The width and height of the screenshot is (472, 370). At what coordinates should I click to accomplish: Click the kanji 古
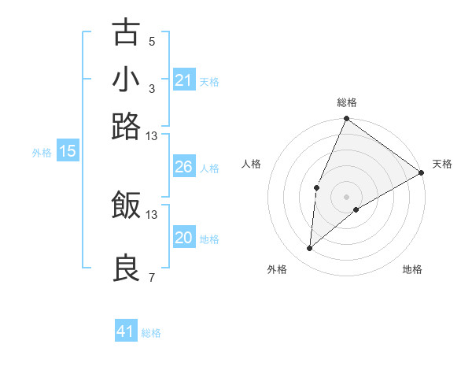126,33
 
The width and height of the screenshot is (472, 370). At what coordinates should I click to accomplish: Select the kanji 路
126,126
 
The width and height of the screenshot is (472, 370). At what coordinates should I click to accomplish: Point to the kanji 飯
126,205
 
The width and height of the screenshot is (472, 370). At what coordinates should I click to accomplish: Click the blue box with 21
183,80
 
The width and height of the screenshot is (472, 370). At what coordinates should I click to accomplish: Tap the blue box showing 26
183,167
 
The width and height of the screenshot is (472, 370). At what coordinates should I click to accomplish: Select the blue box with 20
183,238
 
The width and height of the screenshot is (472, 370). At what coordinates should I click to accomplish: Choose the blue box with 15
68,151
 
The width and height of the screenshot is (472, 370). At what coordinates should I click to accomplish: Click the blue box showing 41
126,331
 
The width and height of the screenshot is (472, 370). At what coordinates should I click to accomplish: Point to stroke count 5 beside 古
152,42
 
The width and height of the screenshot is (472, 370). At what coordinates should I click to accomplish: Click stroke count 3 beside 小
152,89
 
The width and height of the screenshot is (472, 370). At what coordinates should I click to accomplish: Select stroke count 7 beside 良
152,278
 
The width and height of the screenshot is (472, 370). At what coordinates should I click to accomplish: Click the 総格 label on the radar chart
347,102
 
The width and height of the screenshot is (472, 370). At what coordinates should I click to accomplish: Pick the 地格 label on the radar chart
412,270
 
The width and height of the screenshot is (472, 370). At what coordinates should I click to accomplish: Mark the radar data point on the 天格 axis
422,172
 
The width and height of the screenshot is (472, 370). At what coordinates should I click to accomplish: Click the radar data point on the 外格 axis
310,249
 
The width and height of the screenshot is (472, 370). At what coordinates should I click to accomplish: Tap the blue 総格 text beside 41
151,333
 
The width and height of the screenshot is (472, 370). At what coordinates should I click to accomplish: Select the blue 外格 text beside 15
42,153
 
